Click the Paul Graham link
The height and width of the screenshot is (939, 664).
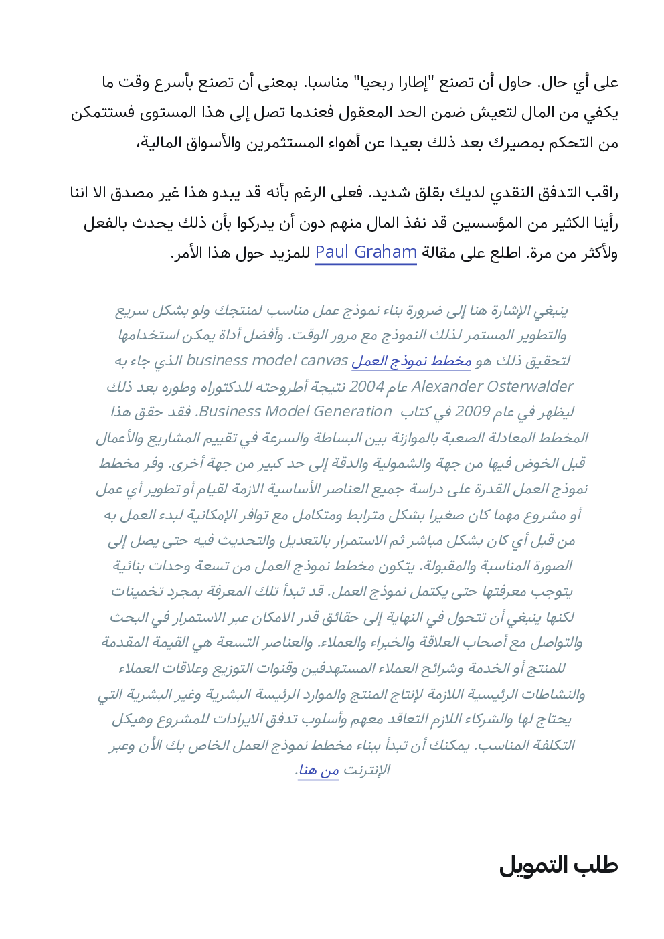[365, 252]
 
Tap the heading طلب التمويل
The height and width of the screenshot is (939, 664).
[558, 865]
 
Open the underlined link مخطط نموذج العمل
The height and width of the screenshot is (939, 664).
[412, 361]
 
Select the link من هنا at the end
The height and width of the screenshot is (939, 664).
[319, 770]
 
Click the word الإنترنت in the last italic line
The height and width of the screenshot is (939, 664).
[366, 770]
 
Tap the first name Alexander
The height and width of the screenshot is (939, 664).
[446, 387]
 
